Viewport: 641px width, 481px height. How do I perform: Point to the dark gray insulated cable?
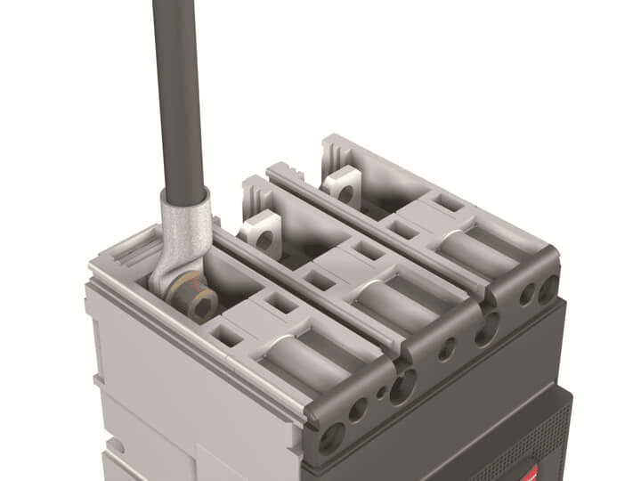(179, 89)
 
